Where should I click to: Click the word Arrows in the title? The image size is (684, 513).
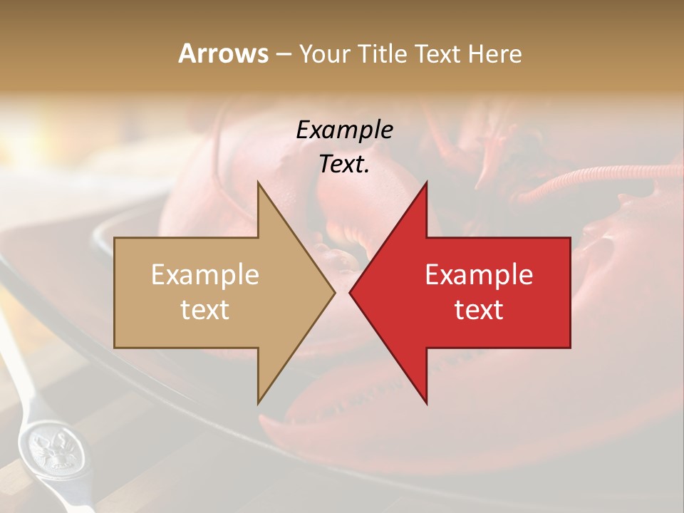223,53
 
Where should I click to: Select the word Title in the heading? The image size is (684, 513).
385,54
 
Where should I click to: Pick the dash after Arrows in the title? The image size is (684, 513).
283,55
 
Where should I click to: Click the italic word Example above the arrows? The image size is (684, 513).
344,130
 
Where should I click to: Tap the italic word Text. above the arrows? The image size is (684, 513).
344,165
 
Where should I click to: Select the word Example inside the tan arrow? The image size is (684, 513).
205,274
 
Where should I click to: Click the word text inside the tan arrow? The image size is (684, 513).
205,309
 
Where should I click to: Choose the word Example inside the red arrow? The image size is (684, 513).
479,274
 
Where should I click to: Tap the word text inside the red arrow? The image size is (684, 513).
479,309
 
